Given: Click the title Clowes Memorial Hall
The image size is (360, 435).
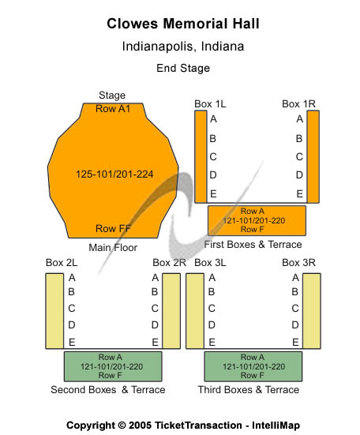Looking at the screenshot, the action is point(183,24).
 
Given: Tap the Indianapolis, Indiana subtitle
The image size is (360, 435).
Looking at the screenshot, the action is point(183,47).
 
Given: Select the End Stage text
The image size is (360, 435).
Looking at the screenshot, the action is point(183,68).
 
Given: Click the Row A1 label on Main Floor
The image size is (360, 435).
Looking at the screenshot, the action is point(113,109).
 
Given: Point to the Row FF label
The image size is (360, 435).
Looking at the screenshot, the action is point(113,229).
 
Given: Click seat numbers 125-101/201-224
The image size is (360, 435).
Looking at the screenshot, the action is point(114,174).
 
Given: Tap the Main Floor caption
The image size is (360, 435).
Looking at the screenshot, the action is point(113,247).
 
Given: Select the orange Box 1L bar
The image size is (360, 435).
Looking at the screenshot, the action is point(201,157).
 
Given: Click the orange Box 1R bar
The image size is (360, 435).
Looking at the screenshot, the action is point(313,157).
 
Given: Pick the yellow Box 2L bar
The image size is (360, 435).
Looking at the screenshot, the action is point(54,311).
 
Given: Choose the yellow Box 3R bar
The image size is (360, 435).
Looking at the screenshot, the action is point(312,311).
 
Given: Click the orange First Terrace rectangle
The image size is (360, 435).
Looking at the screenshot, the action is point(257,220).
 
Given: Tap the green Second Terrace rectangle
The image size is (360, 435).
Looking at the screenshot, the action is point(113,366).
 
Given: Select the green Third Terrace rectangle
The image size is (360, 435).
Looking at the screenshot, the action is point(253,366).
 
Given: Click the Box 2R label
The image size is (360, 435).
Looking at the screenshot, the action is point(169,262).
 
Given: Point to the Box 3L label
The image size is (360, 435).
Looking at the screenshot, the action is point(210,262).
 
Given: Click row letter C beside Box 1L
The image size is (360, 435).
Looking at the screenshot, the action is point(213,157).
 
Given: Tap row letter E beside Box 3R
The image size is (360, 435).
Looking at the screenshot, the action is point(295,343).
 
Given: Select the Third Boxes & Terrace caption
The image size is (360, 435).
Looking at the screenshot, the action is point(249,389).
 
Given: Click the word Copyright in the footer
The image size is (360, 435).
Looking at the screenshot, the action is point(91,426).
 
